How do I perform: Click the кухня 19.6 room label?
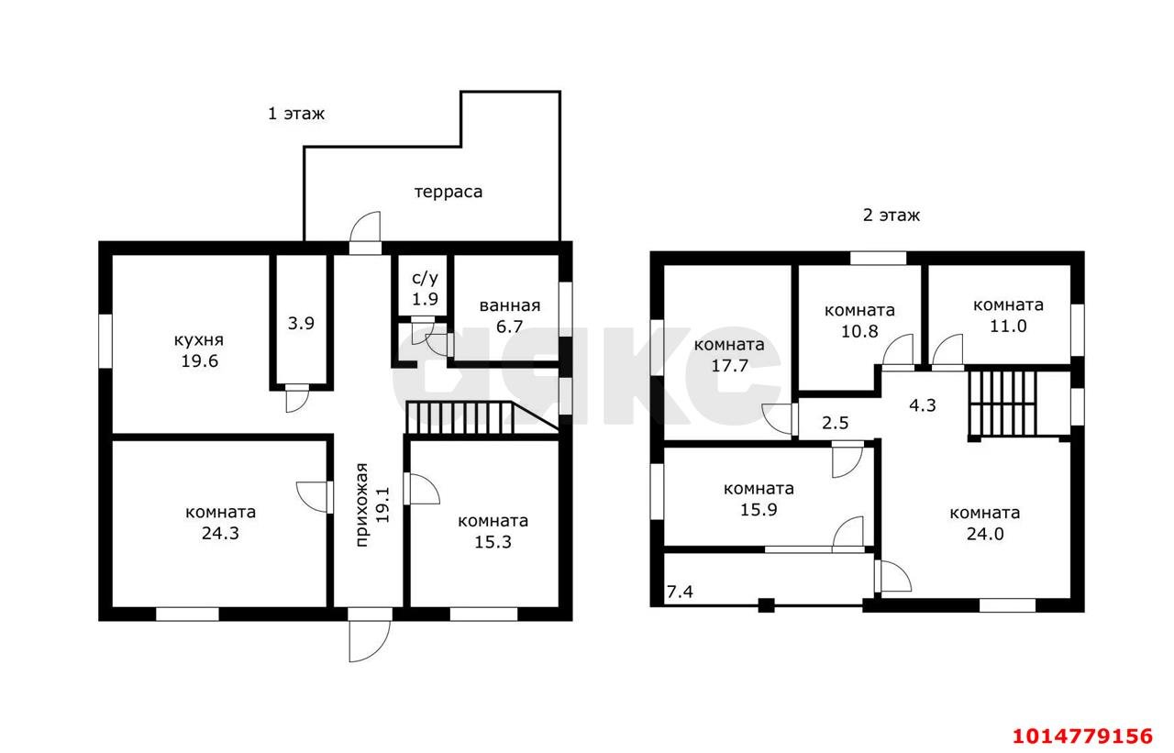click(199, 350)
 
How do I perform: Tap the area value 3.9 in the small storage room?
click(301, 324)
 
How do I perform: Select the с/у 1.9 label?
click(425, 289)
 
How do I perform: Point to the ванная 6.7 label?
click(509, 316)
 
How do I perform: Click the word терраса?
click(449, 192)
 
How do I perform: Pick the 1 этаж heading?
click(296, 114)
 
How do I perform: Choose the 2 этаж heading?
click(891, 216)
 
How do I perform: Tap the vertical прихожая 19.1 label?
click(372, 504)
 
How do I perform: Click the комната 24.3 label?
click(220, 523)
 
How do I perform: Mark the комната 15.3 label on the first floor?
click(493, 531)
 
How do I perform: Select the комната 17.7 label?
click(729, 355)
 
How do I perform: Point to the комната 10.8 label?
click(859, 321)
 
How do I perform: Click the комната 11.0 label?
click(1008, 316)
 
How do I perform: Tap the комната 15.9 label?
click(759, 499)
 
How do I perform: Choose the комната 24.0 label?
click(985, 523)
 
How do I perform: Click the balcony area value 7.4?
click(680, 592)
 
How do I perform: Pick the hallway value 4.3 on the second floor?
click(922, 405)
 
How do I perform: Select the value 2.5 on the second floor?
click(835, 423)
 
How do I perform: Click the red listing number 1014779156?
click(1082, 736)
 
